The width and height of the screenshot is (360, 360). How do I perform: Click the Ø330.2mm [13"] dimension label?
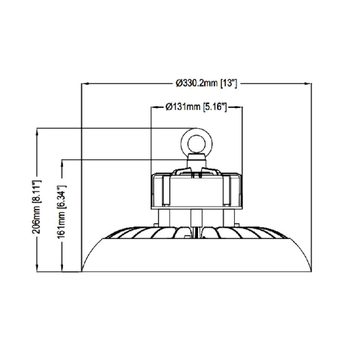(209, 82)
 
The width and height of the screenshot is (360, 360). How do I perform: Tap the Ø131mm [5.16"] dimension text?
(196, 107)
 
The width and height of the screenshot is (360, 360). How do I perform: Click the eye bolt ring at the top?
(196, 139)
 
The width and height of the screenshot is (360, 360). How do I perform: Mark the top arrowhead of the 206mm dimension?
(36, 131)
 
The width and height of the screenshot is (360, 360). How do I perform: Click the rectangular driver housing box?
(196, 190)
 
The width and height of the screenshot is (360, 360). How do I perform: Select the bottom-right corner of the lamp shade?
(311, 271)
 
